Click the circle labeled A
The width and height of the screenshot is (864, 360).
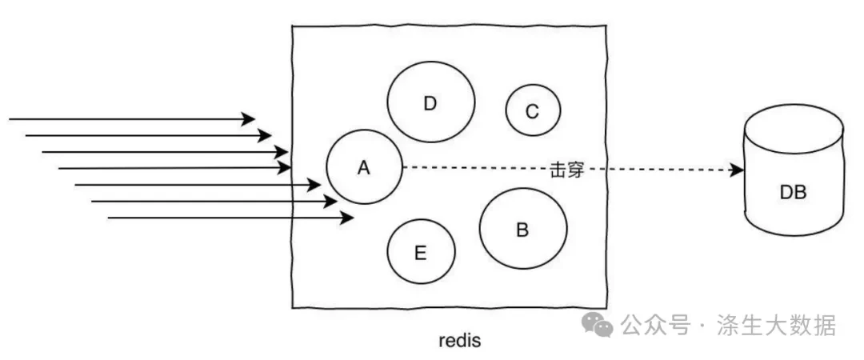(364, 168)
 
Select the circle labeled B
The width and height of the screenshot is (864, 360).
(523, 230)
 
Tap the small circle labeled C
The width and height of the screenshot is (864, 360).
(533, 111)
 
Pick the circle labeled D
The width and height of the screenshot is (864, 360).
(431, 102)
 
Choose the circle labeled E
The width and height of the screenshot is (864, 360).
(421, 253)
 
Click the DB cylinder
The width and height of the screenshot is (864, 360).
(793, 180)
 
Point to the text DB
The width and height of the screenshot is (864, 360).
(793, 193)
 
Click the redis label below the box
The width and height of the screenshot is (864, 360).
(460, 340)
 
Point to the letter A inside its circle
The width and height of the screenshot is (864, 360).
(364, 168)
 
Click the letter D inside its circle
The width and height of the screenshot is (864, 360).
(430, 103)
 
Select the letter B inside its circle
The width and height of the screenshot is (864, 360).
(522, 230)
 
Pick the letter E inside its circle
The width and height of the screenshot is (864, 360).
(421, 254)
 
